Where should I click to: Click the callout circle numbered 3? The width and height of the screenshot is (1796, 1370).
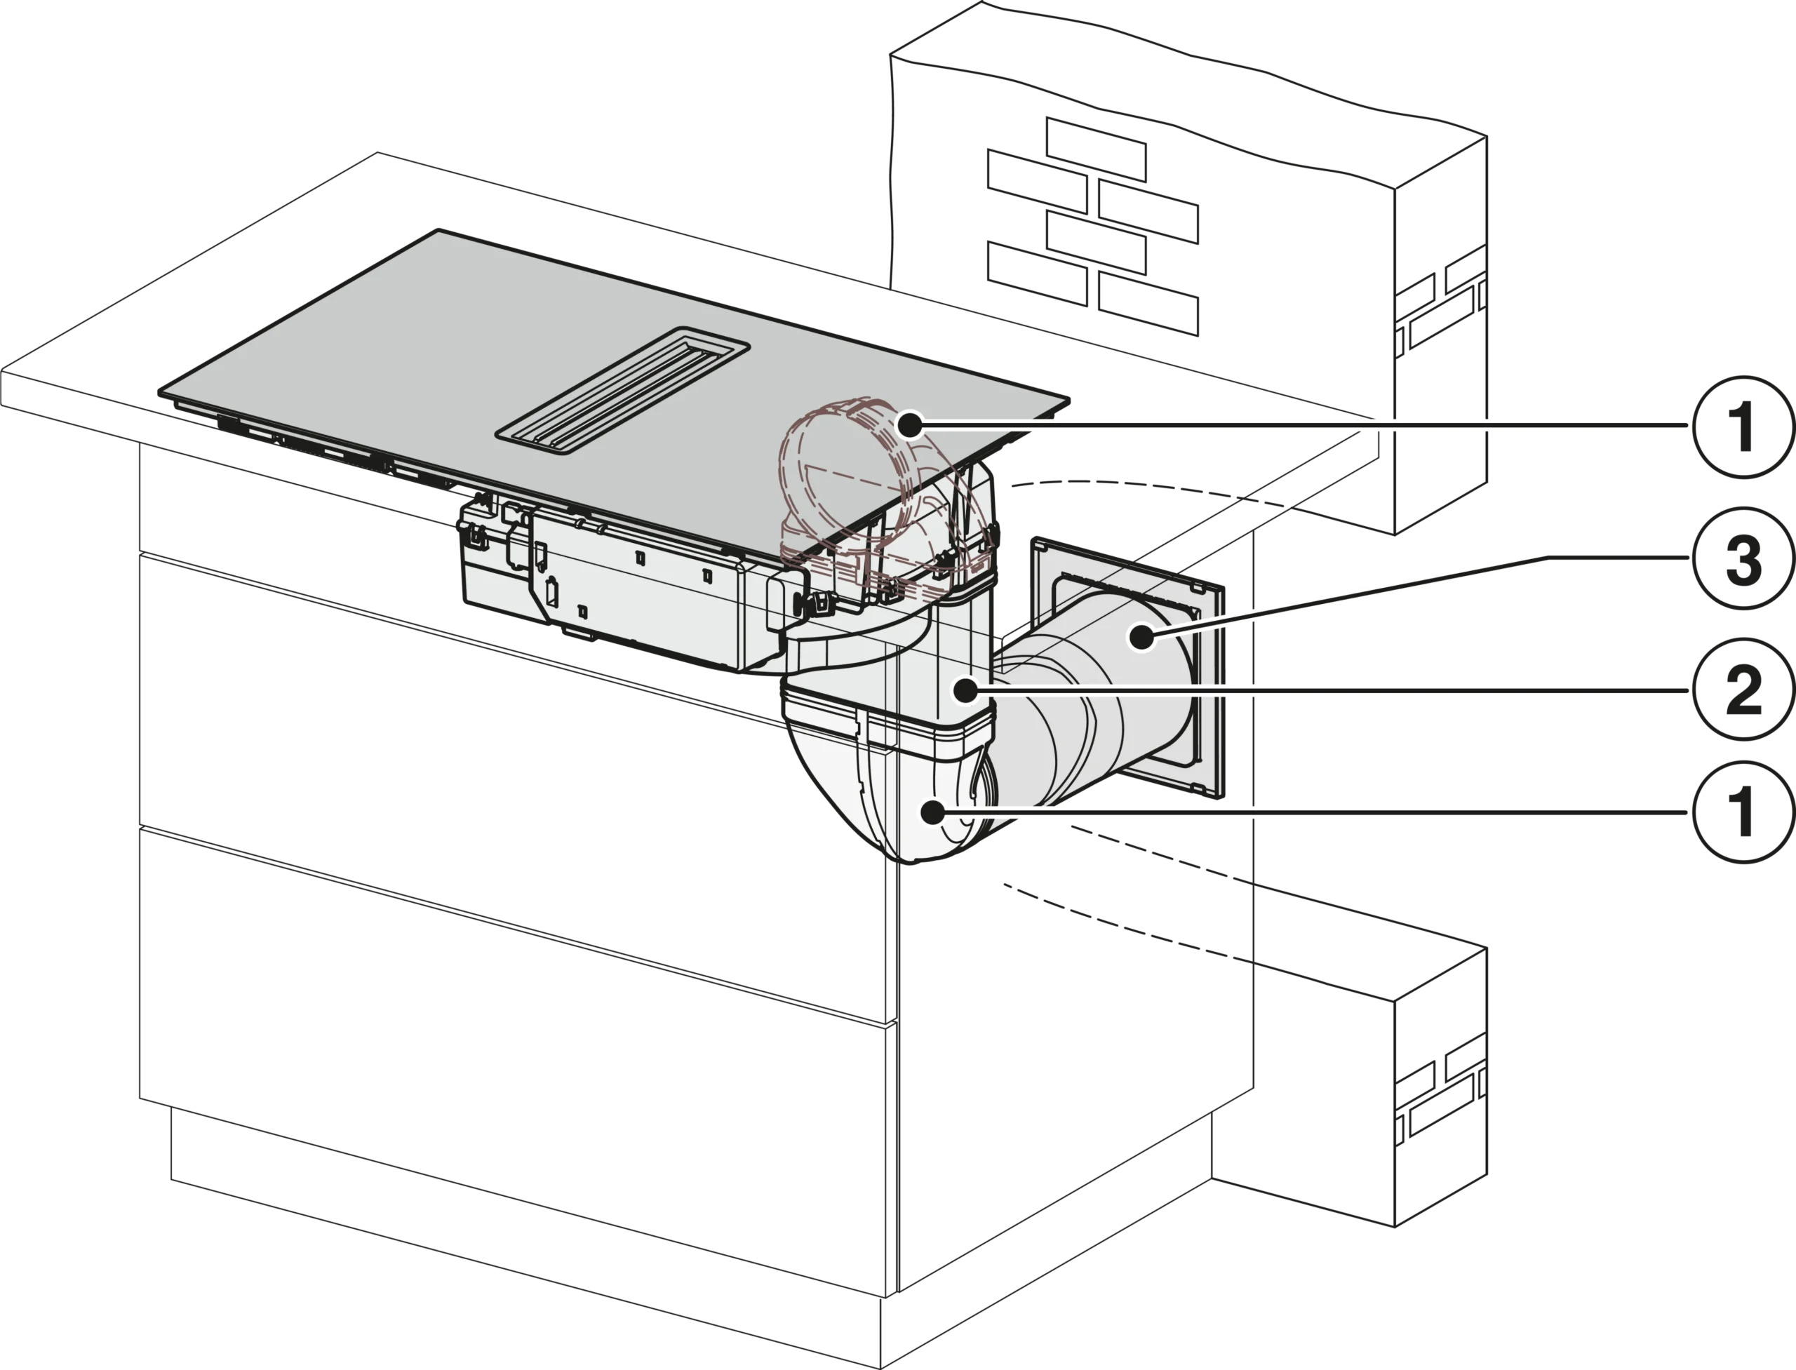coord(1741,559)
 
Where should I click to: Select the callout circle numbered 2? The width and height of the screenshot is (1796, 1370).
coord(1741,690)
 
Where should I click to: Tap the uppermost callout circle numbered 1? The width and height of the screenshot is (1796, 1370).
coord(1741,424)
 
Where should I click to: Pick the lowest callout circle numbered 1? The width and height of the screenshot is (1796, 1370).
coord(1741,812)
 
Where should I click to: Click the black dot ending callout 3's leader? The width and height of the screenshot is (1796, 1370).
coord(1143,636)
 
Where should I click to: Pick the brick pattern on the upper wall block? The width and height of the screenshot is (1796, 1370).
coord(1093,229)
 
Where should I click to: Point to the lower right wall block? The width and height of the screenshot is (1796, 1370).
coord(1354,1084)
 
